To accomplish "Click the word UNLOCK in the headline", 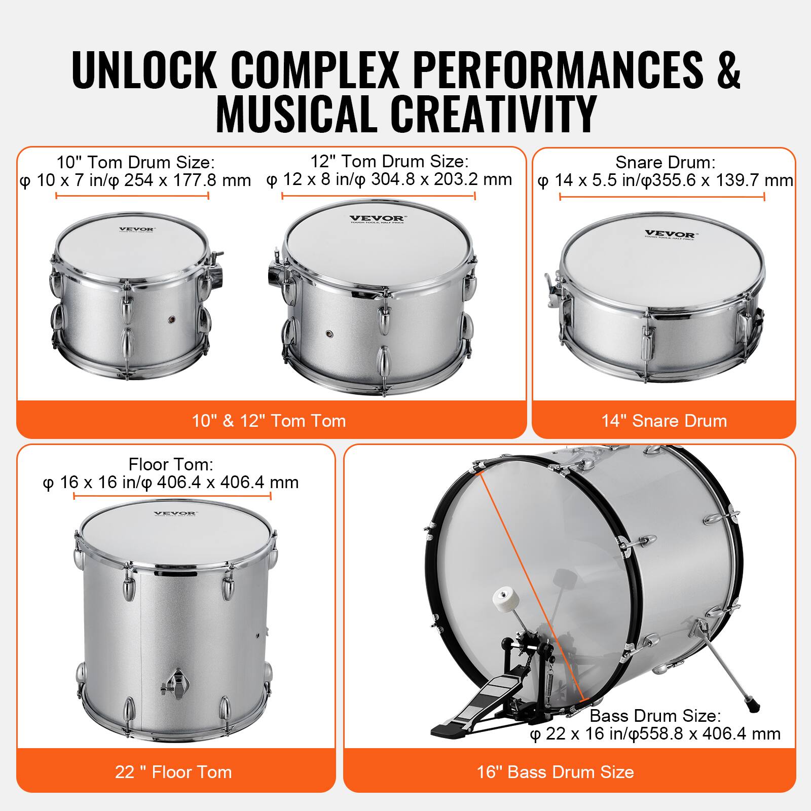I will coord(144,69).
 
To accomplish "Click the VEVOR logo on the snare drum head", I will coord(670,234).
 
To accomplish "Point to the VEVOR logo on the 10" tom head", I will coord(137,229).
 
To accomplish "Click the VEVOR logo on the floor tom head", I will coord(175,513).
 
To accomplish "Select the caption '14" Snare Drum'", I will coord(664,421).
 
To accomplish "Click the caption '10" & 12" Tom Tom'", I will coord(269,421).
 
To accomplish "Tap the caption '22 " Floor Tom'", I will coord(174,772).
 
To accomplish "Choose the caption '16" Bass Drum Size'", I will coord(556,772).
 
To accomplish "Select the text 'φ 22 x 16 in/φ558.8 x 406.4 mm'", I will coord(655,734).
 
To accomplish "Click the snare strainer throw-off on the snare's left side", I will coord(555,291).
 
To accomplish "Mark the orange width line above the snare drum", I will coord(662,197).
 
